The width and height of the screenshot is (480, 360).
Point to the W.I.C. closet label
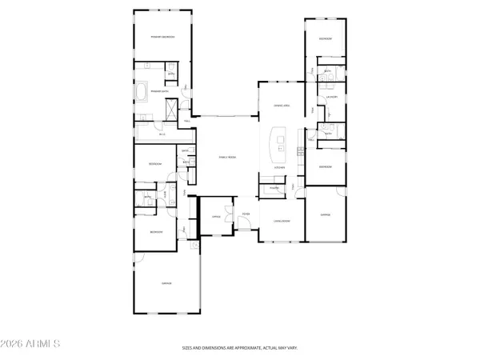162,134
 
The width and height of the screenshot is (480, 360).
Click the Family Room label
228,157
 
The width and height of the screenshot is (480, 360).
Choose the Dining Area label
282,105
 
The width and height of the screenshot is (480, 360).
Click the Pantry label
274,189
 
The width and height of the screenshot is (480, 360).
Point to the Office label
215,216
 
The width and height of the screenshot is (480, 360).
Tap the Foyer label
246,214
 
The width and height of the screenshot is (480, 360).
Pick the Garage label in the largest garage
167,283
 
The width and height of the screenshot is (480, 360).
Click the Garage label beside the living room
326,214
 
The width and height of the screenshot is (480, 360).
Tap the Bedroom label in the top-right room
326,38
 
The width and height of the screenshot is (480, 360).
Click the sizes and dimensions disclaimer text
240,348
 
